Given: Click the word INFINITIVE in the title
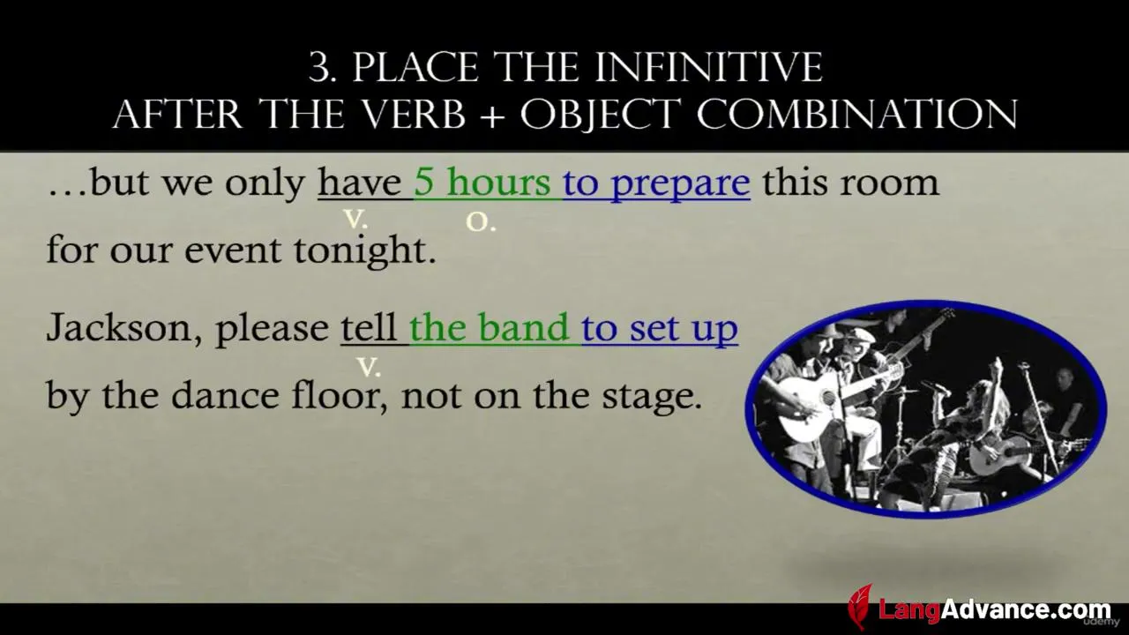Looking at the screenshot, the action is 709,67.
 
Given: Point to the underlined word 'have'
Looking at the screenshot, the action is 359,182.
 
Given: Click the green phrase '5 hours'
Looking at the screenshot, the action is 482,182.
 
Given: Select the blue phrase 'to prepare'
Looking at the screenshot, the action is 656,184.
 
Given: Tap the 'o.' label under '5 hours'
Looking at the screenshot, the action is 481,221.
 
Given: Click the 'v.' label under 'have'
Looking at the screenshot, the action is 355,219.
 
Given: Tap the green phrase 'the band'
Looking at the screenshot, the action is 490,327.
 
